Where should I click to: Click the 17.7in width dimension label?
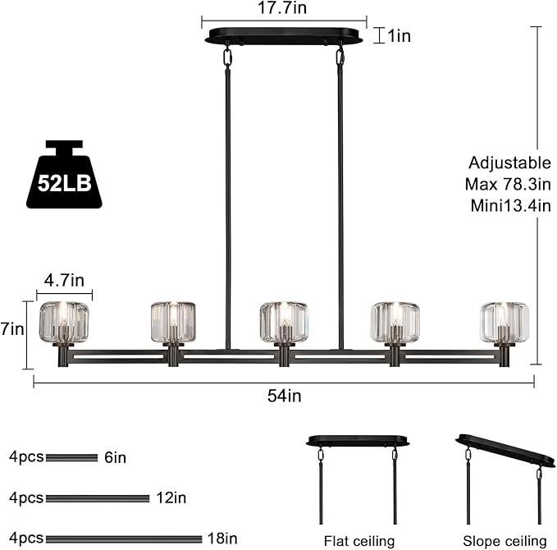coord(282,7)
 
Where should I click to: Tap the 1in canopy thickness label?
coord(399,36)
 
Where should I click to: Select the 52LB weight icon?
coord(64,174)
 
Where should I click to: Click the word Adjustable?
coord(509,163)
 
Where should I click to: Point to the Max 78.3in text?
coord(508,184)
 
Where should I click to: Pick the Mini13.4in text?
coord(510,206)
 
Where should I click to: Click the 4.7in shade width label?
coord(64,281)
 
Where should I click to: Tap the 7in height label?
coord(12,329)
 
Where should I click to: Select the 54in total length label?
coord(284,396)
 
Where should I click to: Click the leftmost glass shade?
coord(64,322)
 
